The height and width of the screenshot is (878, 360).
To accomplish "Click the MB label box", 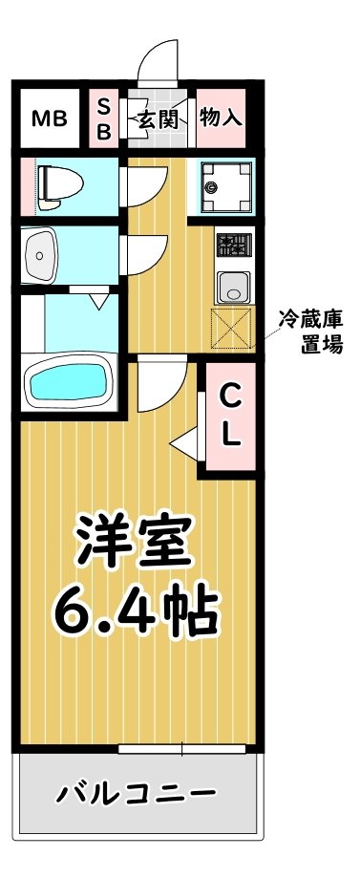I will (x=50, y=118).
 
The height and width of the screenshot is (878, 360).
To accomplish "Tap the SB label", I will (x=104, y=119).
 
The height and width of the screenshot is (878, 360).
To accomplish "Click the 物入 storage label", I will (x=221, y=118).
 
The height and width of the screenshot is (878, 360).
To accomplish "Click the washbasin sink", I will (x=40, y=253).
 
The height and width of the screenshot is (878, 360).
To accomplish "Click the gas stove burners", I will (x=233, y=247).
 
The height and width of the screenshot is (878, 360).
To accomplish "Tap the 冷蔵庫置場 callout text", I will (x=310, y=332).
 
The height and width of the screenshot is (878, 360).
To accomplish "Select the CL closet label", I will (x=230, y=414).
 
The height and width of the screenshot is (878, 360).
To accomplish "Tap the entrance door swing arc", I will (x=159, y=62).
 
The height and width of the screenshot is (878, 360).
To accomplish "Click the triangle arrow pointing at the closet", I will (x=185, y=442).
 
